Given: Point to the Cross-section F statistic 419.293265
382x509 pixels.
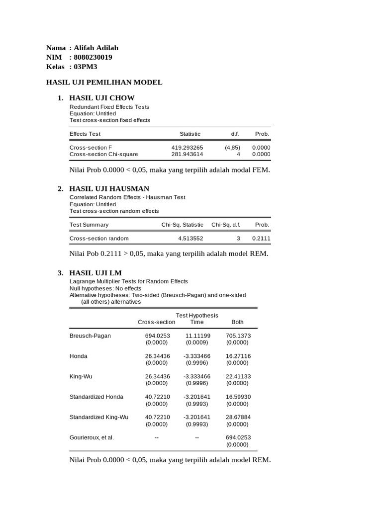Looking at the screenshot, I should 187,148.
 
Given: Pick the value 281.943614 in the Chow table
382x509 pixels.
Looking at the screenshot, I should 187,154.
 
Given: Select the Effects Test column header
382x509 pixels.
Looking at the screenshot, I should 85,134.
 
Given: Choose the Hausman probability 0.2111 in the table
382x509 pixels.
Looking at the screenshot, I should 261,238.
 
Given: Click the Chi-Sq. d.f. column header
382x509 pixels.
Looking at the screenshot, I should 226,225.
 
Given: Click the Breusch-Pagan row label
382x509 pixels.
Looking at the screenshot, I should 90,336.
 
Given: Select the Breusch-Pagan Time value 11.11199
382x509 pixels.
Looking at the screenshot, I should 197,336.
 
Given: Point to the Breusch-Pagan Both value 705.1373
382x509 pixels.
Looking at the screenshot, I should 238,336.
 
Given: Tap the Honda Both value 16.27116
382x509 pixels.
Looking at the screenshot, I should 238,356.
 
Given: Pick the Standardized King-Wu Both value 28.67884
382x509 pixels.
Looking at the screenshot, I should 238,417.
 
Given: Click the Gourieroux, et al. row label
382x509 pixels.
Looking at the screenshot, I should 92,437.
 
